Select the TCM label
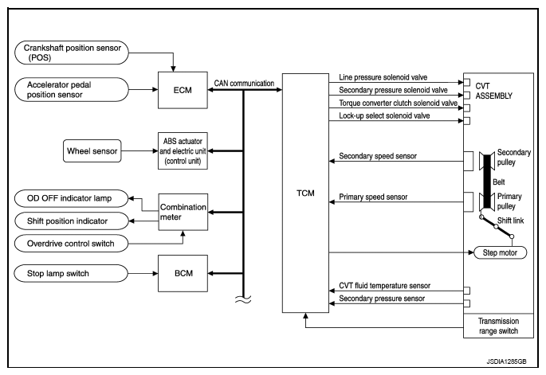(305, 193)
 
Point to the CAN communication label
(244, 84)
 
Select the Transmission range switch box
(498, 326)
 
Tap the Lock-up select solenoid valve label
(384, 115)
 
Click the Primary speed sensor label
(373, 197)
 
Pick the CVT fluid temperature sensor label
(385, 286)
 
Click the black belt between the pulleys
(487, 182)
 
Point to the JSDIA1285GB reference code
(507, 361)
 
